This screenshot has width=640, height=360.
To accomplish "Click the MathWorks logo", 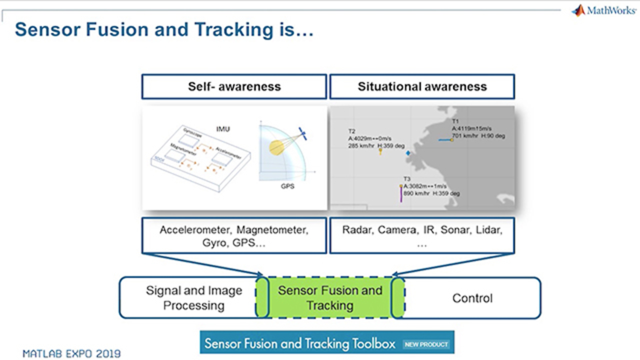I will pos(603,10).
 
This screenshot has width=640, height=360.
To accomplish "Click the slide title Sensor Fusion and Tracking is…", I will pos(164,30).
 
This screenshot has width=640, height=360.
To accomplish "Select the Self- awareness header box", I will pos(234,86).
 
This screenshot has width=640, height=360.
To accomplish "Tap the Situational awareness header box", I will pos(422,86).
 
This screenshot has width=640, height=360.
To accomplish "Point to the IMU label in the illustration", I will pos(223,129).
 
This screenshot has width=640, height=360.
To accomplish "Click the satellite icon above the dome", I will pos(302,133).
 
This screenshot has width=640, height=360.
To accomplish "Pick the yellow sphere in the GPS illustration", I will pos(276,146).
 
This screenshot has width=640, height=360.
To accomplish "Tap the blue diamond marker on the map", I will pos(408,153).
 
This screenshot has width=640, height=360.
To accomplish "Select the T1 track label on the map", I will pos(455,121).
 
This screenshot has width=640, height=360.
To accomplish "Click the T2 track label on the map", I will pos(351,131).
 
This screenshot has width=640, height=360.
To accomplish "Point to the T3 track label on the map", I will pos(406,179).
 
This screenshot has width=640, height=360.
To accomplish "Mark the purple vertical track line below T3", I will pos(401,194).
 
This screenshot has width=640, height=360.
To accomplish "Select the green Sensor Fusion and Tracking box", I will pos(330,298).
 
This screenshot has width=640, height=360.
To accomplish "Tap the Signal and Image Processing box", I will pos(193,298).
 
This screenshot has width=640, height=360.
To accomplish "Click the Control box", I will pos(472,298).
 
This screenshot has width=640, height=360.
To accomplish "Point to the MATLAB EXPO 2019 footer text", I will pos(71,354).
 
